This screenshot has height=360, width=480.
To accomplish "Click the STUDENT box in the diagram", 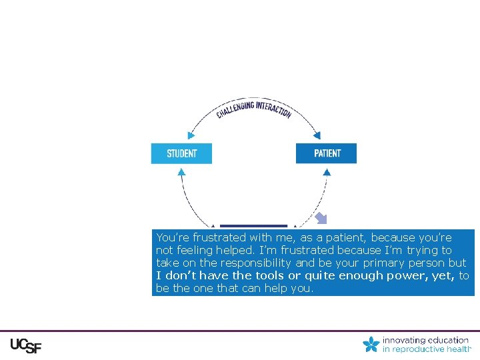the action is [181, 153].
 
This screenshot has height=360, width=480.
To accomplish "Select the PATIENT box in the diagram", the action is [326, 153].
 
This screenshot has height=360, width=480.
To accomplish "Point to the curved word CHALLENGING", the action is [235, 111].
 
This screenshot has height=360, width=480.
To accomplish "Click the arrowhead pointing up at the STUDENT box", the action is [181, 171].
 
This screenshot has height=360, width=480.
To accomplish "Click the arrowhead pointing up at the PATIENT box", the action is [327, 171].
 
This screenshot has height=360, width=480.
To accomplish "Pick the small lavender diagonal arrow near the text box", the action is [321, 218].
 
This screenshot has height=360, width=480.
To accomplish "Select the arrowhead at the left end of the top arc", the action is [191, 135].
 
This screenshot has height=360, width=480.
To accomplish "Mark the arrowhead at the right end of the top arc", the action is [318, 135].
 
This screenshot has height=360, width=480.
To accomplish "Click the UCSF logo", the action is [26, 347].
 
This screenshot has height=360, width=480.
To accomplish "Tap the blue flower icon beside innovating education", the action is [371, 345].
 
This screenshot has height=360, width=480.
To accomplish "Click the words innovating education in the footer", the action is [425, 340].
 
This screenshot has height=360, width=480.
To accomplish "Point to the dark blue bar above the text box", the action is [253, 227].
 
